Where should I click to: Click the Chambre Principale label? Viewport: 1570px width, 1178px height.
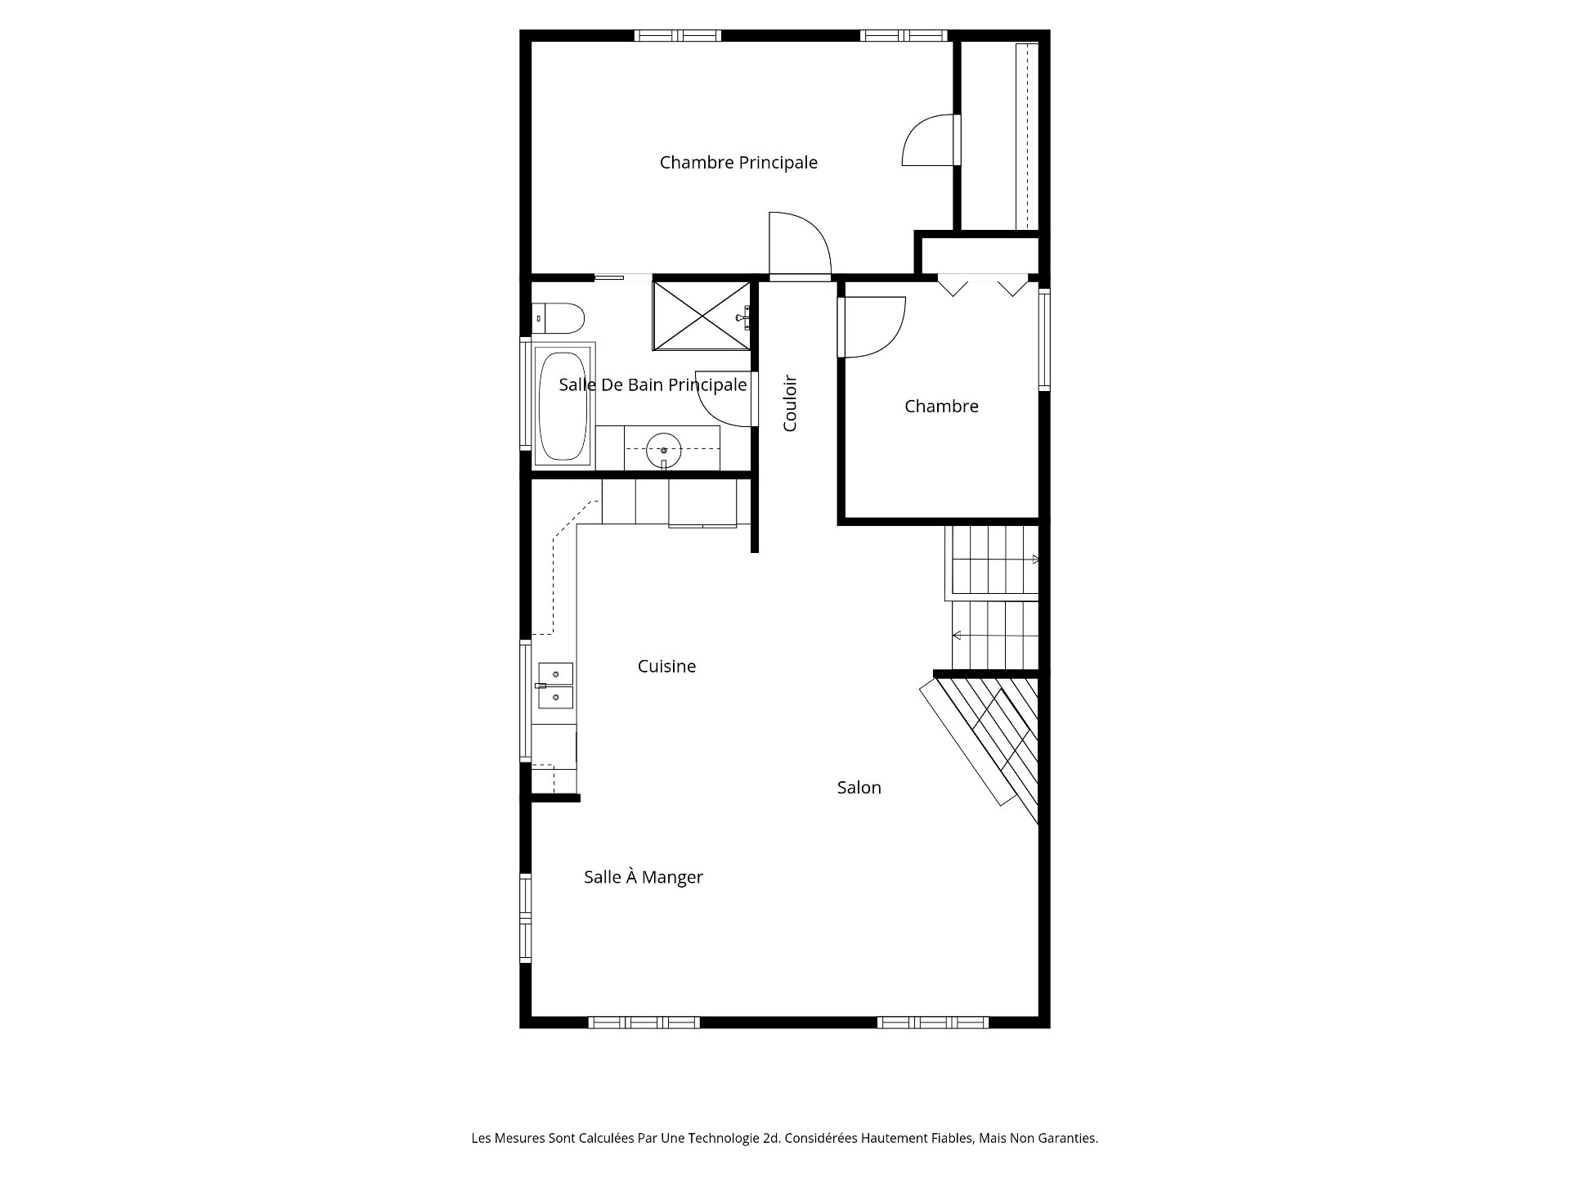click(738, 163)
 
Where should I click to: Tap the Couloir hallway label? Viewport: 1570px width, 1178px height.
click(790, 403)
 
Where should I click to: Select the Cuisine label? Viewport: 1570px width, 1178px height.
click(666, 667)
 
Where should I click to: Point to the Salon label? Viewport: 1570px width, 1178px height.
click(859, 788)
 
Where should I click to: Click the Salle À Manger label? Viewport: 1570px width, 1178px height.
click(643, 877)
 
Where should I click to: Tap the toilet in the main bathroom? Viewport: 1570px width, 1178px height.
click(558, 317)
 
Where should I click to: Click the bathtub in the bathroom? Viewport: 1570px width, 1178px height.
click(563, 406)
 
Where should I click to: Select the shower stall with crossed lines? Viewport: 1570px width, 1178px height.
click(701, 315)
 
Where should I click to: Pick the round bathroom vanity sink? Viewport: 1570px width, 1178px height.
click(664, 449)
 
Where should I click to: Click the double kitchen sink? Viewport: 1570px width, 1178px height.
click(555, 686)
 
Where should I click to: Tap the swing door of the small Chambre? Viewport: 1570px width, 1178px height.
click(872, 327)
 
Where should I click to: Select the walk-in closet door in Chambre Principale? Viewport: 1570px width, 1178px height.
click(931, 140)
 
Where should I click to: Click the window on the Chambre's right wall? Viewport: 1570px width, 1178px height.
click(1044, 339)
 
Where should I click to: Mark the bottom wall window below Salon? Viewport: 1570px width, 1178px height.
click(933, 1023)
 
